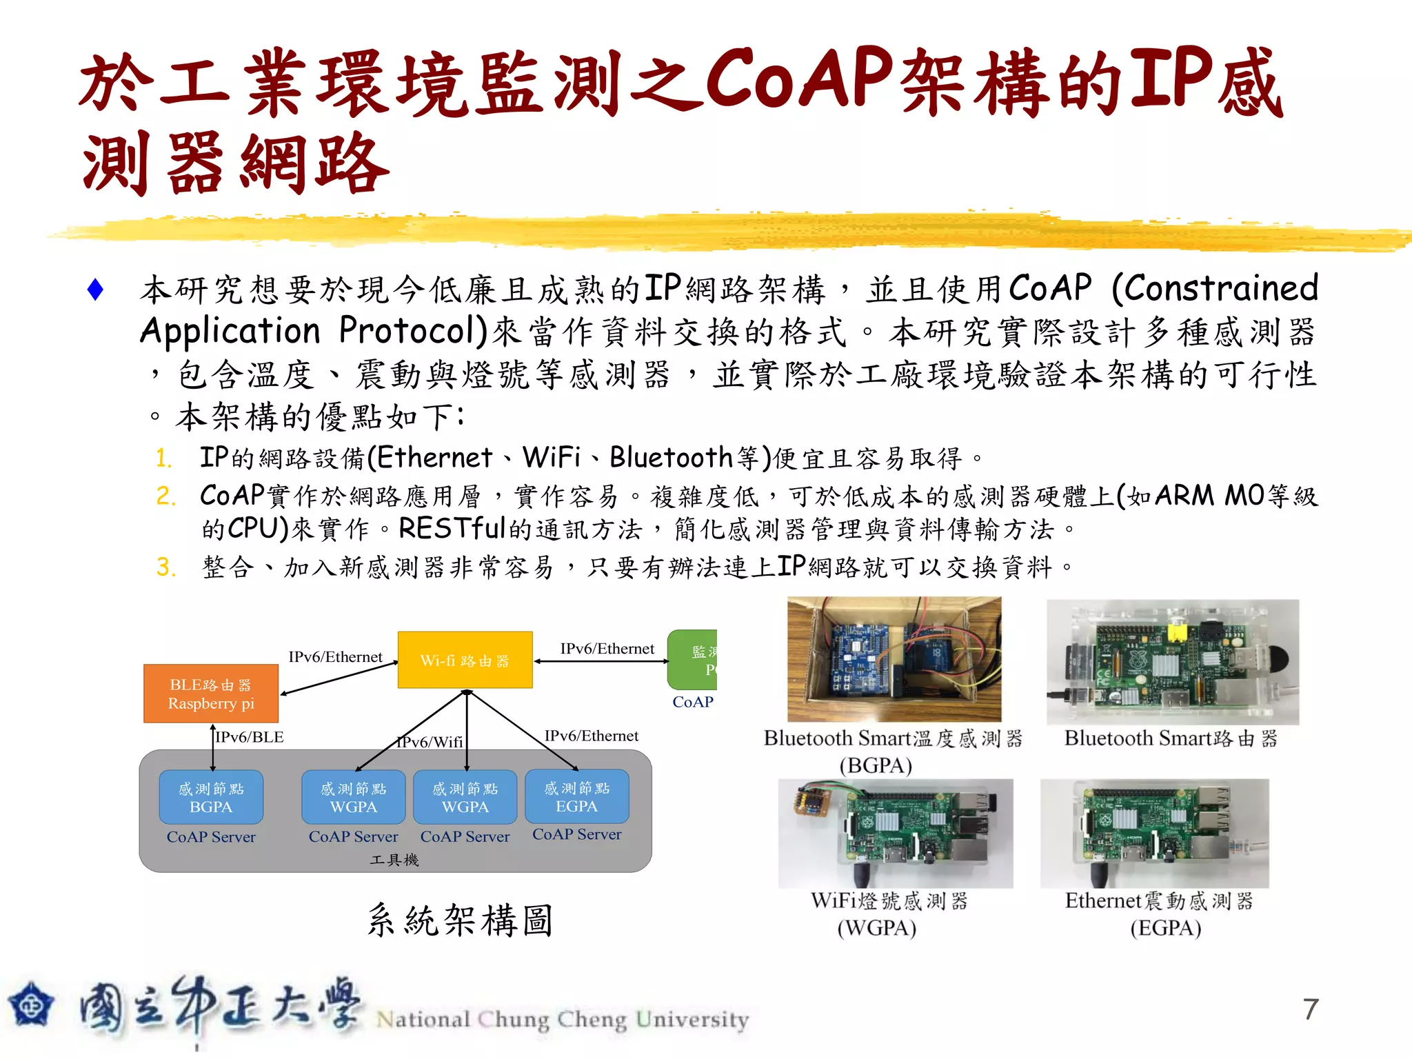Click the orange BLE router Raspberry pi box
211,694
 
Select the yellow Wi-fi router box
465,660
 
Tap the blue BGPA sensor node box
211,797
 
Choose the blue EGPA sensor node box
577,796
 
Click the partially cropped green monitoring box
693,660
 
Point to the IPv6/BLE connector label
250,737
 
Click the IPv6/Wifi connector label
430,742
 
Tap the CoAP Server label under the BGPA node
211,837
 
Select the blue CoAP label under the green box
693,702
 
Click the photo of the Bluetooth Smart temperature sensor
894,659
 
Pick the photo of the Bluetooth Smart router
1172,662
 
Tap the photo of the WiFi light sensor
896,833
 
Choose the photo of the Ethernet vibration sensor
1155,833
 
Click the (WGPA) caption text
876,928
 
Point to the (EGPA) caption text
1165,928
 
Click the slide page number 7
1311,1009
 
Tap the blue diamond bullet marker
96,290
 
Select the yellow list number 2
165,496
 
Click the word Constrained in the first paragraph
1215,288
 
